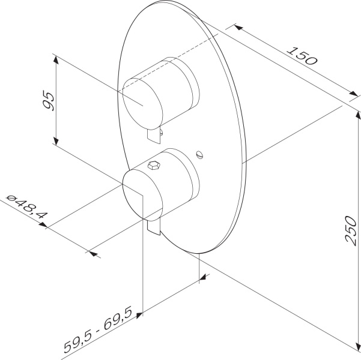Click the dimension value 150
point(302,56)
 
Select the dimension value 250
point(351,230)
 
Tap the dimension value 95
point(49,101)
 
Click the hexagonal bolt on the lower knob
point(154,166)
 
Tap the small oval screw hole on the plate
point(200,154)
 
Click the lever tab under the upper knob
point(154,135)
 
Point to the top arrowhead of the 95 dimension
point(56,60)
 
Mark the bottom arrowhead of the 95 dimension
point(56,141)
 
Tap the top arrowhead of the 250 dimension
point(358,115)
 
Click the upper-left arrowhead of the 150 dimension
point(238,27)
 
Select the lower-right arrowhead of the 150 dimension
point(354,94)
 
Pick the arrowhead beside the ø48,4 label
point(43,225)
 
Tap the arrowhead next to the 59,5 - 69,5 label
point(139,315)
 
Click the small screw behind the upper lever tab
point(162,132)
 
